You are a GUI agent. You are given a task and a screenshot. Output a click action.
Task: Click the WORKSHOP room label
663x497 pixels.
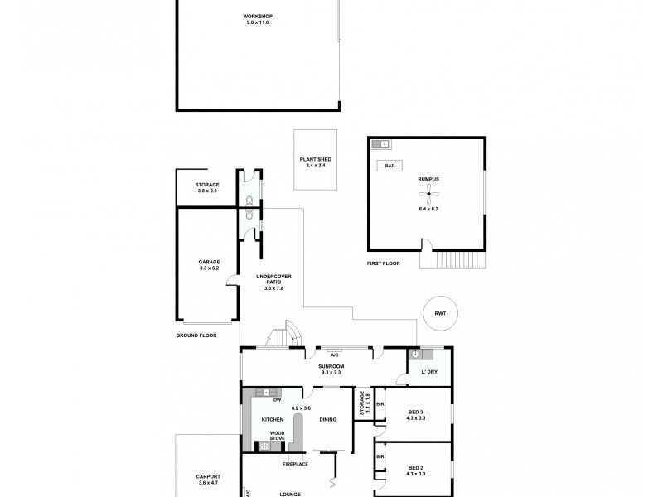coord(257,17)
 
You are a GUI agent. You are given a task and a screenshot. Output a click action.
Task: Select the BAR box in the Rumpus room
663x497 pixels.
coord(389,166)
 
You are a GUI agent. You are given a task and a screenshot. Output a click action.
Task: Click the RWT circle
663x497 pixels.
coord(438,313)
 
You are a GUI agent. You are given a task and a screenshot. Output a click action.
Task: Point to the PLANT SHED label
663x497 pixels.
coord(316,161)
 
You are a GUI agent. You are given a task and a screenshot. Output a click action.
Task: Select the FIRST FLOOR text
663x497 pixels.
coord(383,263)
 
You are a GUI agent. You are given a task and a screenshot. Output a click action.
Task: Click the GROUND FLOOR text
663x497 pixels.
coord(196,335)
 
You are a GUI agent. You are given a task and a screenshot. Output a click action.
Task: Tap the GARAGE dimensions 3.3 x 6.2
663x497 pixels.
coord(208,268)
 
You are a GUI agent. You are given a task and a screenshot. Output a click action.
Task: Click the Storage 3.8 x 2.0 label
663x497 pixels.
coord(206,188)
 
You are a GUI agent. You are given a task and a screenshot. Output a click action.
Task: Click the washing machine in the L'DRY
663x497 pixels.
coord(415,354)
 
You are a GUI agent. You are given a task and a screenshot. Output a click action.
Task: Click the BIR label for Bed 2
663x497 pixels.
coord(380,456)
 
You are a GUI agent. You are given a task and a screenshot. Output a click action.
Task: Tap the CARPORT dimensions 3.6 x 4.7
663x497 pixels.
coord(208,482)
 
